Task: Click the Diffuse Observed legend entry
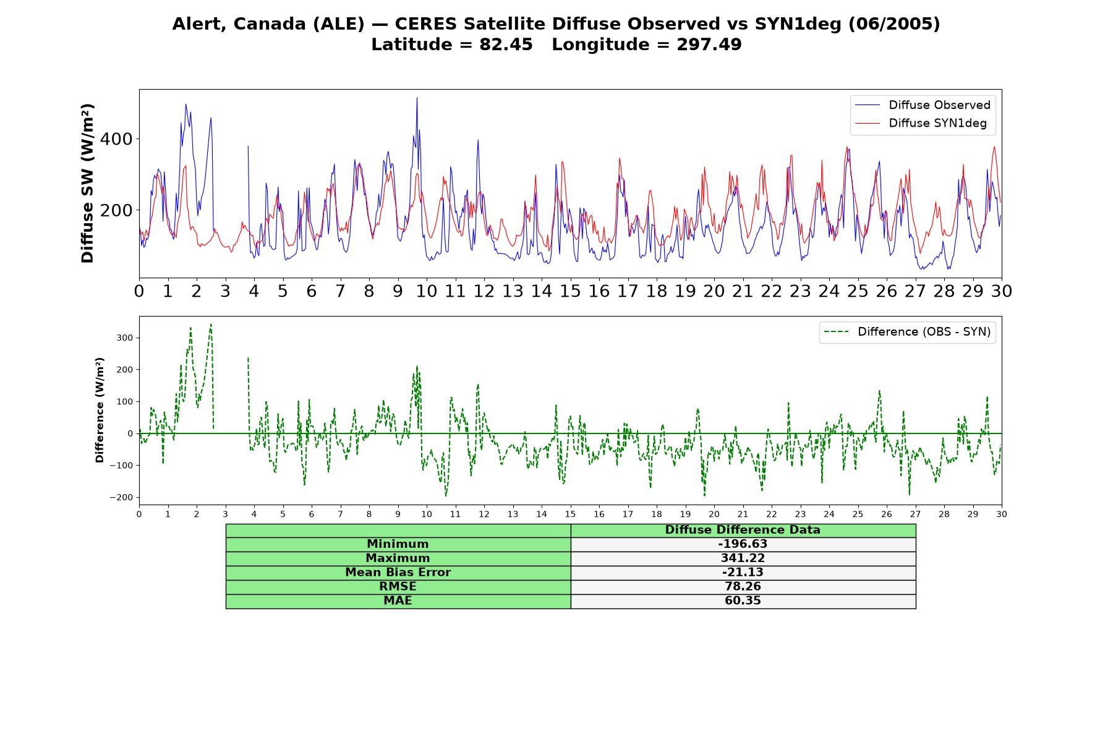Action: click(x=922, y=105)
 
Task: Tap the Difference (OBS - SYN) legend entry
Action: click(x=907, y=332)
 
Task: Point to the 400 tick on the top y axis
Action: click(x=116, y=139)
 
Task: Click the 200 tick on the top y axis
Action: click(x=116, y=210)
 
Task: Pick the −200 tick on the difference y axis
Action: click(x=122, y=498)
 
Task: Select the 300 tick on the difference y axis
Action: click(x=125, y=338)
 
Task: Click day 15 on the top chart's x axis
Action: click(x=570, y=291)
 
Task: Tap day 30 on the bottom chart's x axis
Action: click(x=1002, y=514)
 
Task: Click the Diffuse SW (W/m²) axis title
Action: click(x=88, y=184)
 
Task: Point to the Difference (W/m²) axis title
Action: click(x=100, y=411)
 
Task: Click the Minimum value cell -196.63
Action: click(x=743, y=544)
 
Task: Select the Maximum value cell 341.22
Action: click(x=743, y=558)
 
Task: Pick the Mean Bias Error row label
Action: click(x=398, y=573)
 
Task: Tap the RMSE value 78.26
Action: click(x=743, y=587)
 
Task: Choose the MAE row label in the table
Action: click(x=398, y=601)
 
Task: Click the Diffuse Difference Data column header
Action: click(x=743, y=530)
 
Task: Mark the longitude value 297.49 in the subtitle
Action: click(x=709, y=45)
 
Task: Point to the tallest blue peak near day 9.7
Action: click(x=417, y=98)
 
